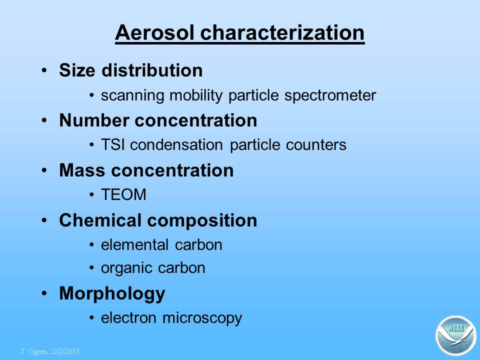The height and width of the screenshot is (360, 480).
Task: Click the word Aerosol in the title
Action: [x=154, y=32]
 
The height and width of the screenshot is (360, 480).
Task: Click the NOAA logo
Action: [x=456, y=335]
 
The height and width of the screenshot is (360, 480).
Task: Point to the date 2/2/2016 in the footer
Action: [x=66, y=351]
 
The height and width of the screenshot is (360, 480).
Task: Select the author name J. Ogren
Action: [x=33, y=351]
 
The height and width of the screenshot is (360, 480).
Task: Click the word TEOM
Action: [x=123, y=194]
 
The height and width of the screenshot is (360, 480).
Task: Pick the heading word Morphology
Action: [x=112, y=294]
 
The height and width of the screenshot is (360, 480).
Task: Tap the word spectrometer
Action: [x=330, y=95]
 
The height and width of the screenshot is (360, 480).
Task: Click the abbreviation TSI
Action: [x=112, y=144]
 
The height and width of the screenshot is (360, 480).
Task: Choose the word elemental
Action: [x=134, y=244]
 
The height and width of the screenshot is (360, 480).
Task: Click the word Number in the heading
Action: [x=94, y=120]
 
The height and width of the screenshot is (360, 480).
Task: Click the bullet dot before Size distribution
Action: [x=44, y=70]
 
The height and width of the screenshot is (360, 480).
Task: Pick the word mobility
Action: [x=196, y=95]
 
